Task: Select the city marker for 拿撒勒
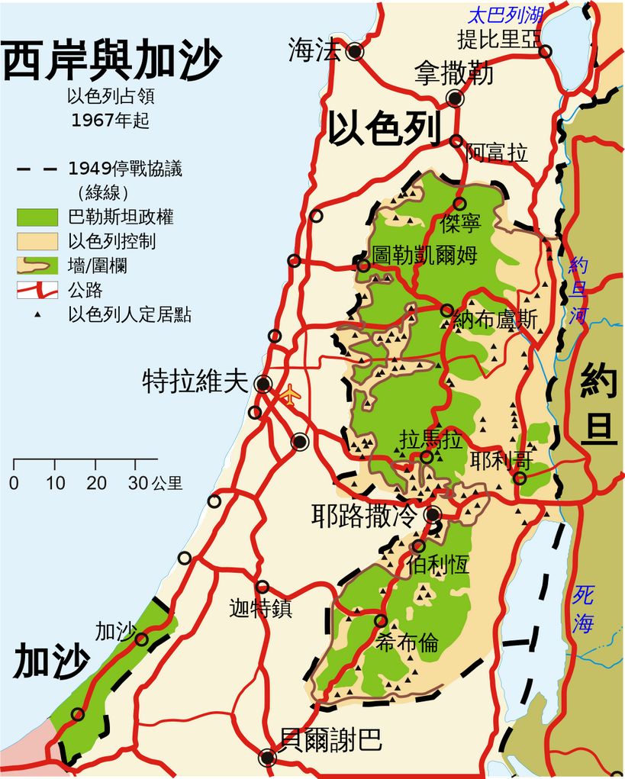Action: point(456,98)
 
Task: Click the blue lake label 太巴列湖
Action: point(506,14)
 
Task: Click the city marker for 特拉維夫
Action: point(263,384)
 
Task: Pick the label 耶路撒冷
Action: point(365,516)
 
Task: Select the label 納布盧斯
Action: point(495,320)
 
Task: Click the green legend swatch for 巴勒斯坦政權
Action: point(37,217)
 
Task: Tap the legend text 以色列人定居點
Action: point(129,314)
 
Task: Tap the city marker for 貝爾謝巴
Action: point(267,758)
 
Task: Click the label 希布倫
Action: point(408,643)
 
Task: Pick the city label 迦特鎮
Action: point(260,610)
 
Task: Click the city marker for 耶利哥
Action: point(520,478)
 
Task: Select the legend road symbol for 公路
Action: point(37,290)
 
